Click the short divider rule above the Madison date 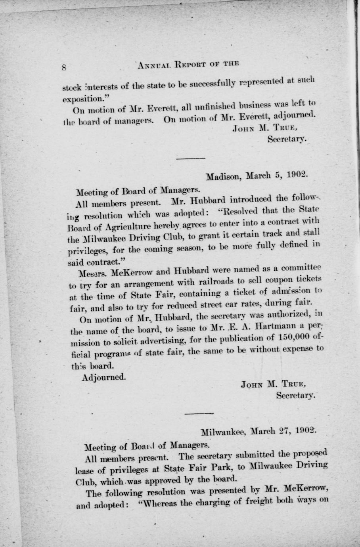point(190,159)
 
